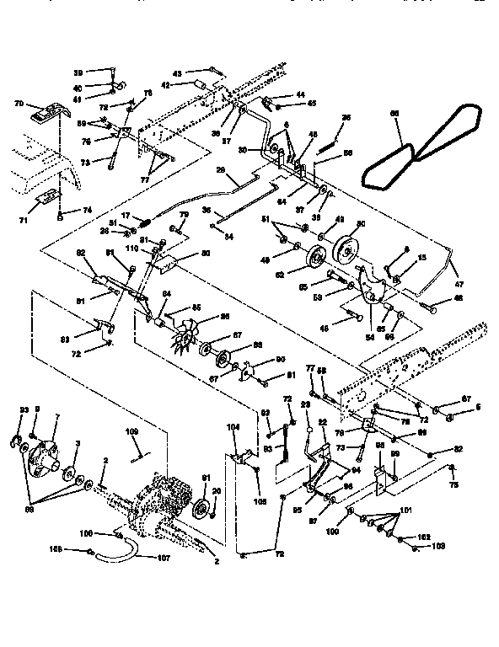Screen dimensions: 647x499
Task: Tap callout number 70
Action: [19, 104]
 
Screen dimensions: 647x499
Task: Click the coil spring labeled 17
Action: [144, 222]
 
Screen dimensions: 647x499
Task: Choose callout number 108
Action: [78, 550]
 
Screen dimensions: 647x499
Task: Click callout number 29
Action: [222, 170]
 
